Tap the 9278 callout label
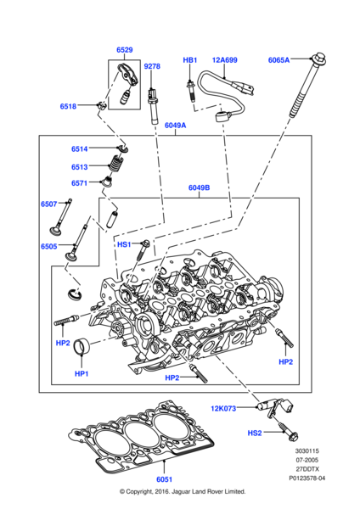click(x=152, y=66)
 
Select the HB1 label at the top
click(x=190, y=60)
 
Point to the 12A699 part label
click(x=225, y=60)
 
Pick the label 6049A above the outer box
click(x=175, y=125)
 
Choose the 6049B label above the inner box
click(x=199, y=188)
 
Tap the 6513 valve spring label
click(x=80, y=167)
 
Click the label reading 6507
click(x=49, y=204)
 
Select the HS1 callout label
click(x=124, y=244)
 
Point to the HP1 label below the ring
click(x=82, y=373)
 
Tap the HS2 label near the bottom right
click(x=255, y=433)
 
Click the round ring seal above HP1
click(x=82, y=348)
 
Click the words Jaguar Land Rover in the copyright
click(x=211, y=491)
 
